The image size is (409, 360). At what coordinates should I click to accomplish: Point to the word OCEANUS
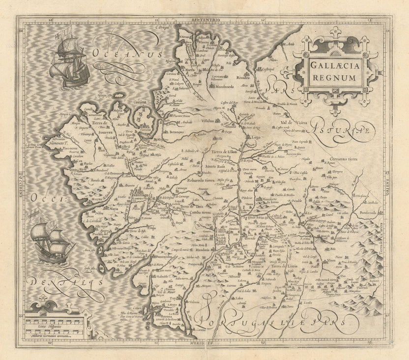[x=126, y=55]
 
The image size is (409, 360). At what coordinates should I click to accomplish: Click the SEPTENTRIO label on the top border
[x=204, y=18]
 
